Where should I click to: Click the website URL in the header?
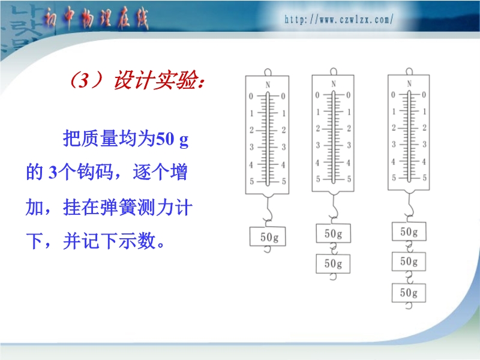coord(339,20)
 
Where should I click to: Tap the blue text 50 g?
coord(172,139)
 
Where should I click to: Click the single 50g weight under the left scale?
coord(268,236)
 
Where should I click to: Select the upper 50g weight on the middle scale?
coord(334,233)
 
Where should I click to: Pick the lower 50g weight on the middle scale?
coord(333,263)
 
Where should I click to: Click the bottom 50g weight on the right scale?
coord(409,293)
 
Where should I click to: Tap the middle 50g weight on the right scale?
coord(409,262)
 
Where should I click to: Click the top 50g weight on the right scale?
coord(409,232)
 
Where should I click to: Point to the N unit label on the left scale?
coord(268,85)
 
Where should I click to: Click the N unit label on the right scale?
coord(409,83)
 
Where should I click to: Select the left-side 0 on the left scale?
coord(251,97)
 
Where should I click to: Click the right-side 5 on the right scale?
coord(425,178)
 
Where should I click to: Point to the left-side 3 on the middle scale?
coord(318,145)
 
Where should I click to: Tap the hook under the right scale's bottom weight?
coord(409,306)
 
